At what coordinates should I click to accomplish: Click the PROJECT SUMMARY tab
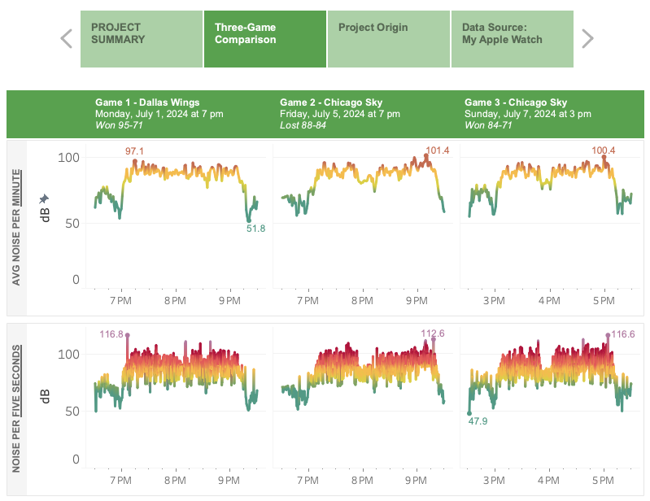pos(141,38)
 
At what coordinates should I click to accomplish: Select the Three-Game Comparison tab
pos(264,38)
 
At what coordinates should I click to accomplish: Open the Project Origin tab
pos(389,38)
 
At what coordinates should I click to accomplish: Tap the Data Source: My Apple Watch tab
pos(512,38)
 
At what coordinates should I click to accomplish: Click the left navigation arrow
pos(67,38)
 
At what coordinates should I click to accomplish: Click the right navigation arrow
pos(587,38)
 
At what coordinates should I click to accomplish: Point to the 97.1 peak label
pos(134,151)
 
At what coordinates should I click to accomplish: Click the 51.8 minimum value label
pos(255,229)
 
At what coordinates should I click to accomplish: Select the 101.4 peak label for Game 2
pos(437,150)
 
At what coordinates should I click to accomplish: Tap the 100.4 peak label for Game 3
pos(604,150)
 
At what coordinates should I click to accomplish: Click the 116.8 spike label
pos(111,333)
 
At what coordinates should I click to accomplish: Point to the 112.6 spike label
pos(432,333)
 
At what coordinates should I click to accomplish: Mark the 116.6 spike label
pos(622,333)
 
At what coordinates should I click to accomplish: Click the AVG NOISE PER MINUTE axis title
pos(16,228)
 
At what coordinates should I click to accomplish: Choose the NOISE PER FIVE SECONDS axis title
pos(16,409)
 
